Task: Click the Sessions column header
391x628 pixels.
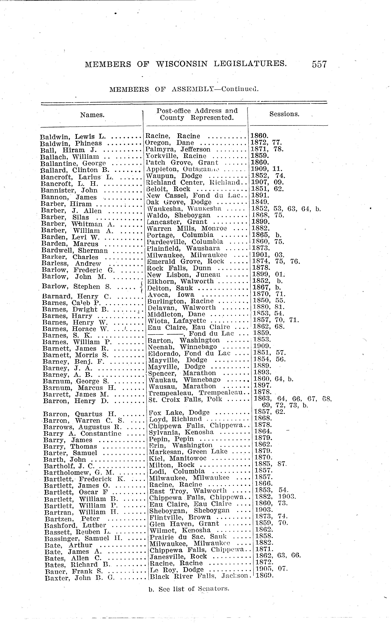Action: [284, 114]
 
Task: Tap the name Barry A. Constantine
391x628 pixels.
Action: [82, 433]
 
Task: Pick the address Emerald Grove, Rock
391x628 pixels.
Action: [185, 261]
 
